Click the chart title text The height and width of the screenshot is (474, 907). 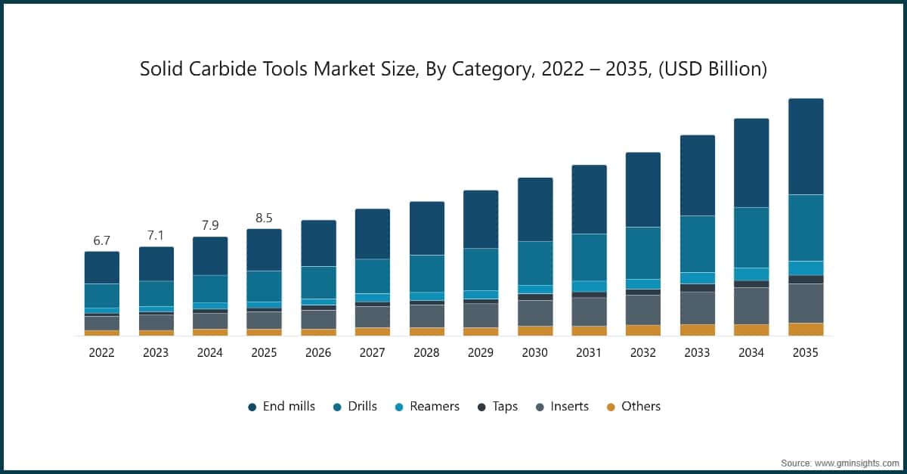click(453, 69)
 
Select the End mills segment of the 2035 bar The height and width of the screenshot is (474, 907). click(806, 147)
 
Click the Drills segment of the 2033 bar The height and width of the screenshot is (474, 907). click(698, 243)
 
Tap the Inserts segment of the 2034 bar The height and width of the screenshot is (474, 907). click(751, 305)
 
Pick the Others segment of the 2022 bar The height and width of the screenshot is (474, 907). click(102, 333)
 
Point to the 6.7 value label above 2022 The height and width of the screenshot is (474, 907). click(102, 240)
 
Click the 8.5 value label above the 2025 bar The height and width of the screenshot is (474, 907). click(264, 218)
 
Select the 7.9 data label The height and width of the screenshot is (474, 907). click(210, 226)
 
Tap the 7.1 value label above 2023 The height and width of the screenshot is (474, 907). click(156, 236)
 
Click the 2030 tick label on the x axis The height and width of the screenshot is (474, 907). click(535, 352)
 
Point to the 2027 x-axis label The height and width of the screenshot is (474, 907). click(373, 352)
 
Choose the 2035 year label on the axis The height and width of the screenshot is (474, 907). click(806, 352)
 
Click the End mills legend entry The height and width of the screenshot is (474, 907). click(282, 407)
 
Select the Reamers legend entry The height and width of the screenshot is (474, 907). click(427, 407)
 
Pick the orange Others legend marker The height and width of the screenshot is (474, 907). click(611, 407)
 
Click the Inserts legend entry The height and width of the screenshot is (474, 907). click(562, 407)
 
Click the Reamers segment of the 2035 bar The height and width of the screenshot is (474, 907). click(806, 268)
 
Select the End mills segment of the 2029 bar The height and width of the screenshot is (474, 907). click(481, 219)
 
